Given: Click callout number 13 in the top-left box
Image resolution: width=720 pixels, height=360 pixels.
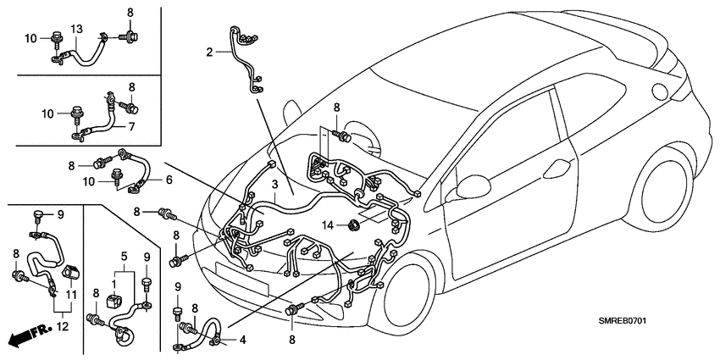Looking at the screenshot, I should tap(76, 30).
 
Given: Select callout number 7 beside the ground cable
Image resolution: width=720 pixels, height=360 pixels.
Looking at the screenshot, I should tap(132, 126).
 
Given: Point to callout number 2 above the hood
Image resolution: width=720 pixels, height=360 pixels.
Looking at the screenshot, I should tap(209, 51).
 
